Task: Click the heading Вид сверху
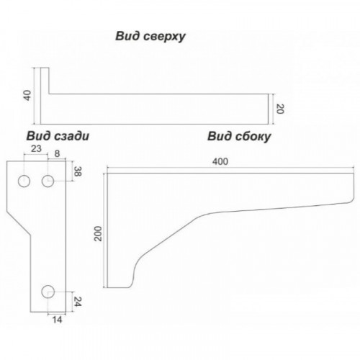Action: [x=150, y=37]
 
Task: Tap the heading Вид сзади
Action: [x=58, y=136]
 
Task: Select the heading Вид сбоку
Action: [x=239, y=137]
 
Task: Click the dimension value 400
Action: [x=220, y=162]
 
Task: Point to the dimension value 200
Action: [x=98, y=233]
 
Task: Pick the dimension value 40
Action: [x=28, y=95]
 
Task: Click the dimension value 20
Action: [x=280, y=109]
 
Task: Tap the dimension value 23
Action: [x=36, y=149]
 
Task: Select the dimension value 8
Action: [x=57, y=153]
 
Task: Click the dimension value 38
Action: [x=76, y=171]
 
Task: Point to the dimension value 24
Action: [x=78, y=302]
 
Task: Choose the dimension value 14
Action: [x=57, y=320]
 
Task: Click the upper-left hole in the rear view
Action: [x=24, y=181]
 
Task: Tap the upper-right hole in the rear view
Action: [x=48, y=181]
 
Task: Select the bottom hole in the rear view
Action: [x=48, y=292]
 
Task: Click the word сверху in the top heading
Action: [x=165, y=37]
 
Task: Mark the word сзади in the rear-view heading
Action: [x=72, y=136]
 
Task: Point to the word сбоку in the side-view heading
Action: [x=253, y=137]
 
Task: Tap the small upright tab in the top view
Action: [x=45, y=81]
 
